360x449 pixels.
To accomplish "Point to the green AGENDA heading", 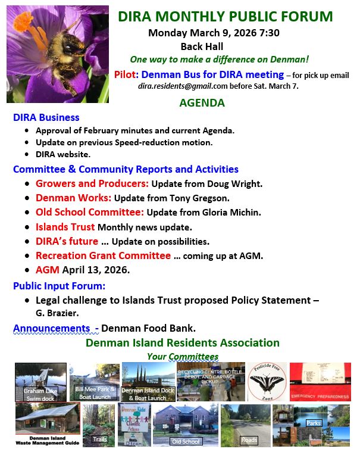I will click(x=202, y=103).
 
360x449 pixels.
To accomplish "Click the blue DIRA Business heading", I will click(x=46, y=117).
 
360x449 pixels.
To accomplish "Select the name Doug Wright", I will click(x=237, y=184).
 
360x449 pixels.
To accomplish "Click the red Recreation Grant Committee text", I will click(x=103, y=255).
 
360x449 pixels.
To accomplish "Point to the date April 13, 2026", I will click(x=96, y=270).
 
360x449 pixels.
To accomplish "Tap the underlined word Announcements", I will click(x=51, y=328).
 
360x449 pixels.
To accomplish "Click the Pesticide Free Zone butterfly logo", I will click(x=267, y=381).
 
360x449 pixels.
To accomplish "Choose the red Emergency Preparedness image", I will click(x=320, y=381).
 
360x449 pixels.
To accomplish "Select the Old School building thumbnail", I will click(x=184, y=425).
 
